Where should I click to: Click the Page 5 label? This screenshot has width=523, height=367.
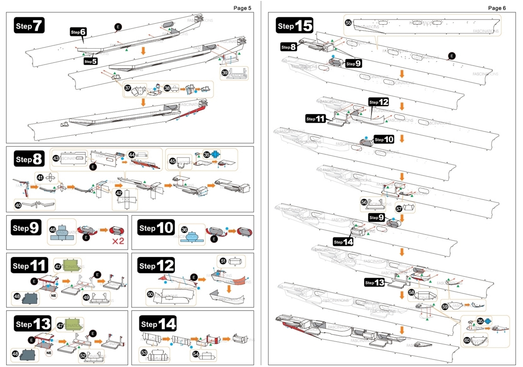pos(242,8)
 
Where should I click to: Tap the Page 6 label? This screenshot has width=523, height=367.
pos(497,8)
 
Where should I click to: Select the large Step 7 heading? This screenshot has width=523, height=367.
pos(29,26)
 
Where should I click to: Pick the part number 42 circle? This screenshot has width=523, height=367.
pos(119,193)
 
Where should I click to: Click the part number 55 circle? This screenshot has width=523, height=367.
pos(348,22)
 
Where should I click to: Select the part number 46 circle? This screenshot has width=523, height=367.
pos(52,229)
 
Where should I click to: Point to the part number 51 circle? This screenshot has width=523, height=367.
pos(223,261)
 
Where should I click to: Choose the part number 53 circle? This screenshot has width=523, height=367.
pos(144,352)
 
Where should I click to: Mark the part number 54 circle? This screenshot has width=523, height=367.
pos(196,353)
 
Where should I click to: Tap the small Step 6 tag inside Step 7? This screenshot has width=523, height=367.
pos(79,32)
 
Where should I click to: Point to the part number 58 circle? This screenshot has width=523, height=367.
pos(411,292)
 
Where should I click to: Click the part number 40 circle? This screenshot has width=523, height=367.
pos(18,205)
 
